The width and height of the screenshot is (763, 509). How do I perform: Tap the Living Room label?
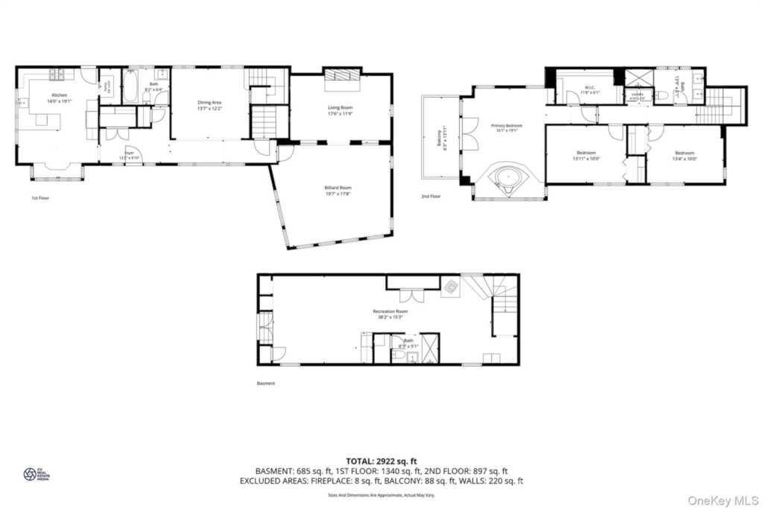click(x=339, y=108)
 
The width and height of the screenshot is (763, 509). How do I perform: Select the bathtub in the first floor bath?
click(x=130, y=88)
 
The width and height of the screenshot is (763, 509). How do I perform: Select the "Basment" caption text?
click(x=265, y=383)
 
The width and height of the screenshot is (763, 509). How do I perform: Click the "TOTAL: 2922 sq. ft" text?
click(x=381, y=461)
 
